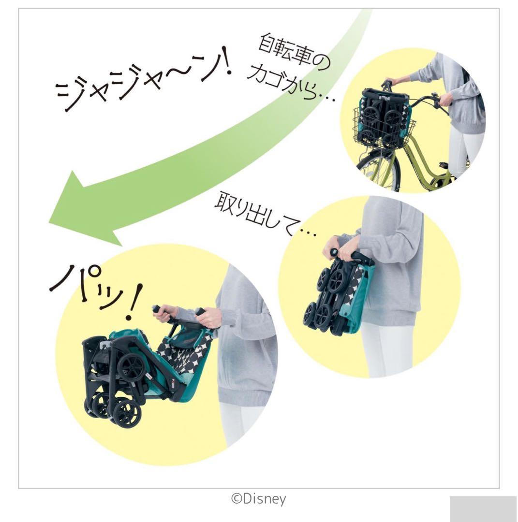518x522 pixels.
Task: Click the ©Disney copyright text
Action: tap(258, 499)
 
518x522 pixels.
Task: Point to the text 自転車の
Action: tap(294, 53)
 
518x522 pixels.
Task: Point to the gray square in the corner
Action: tap(483, 509)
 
